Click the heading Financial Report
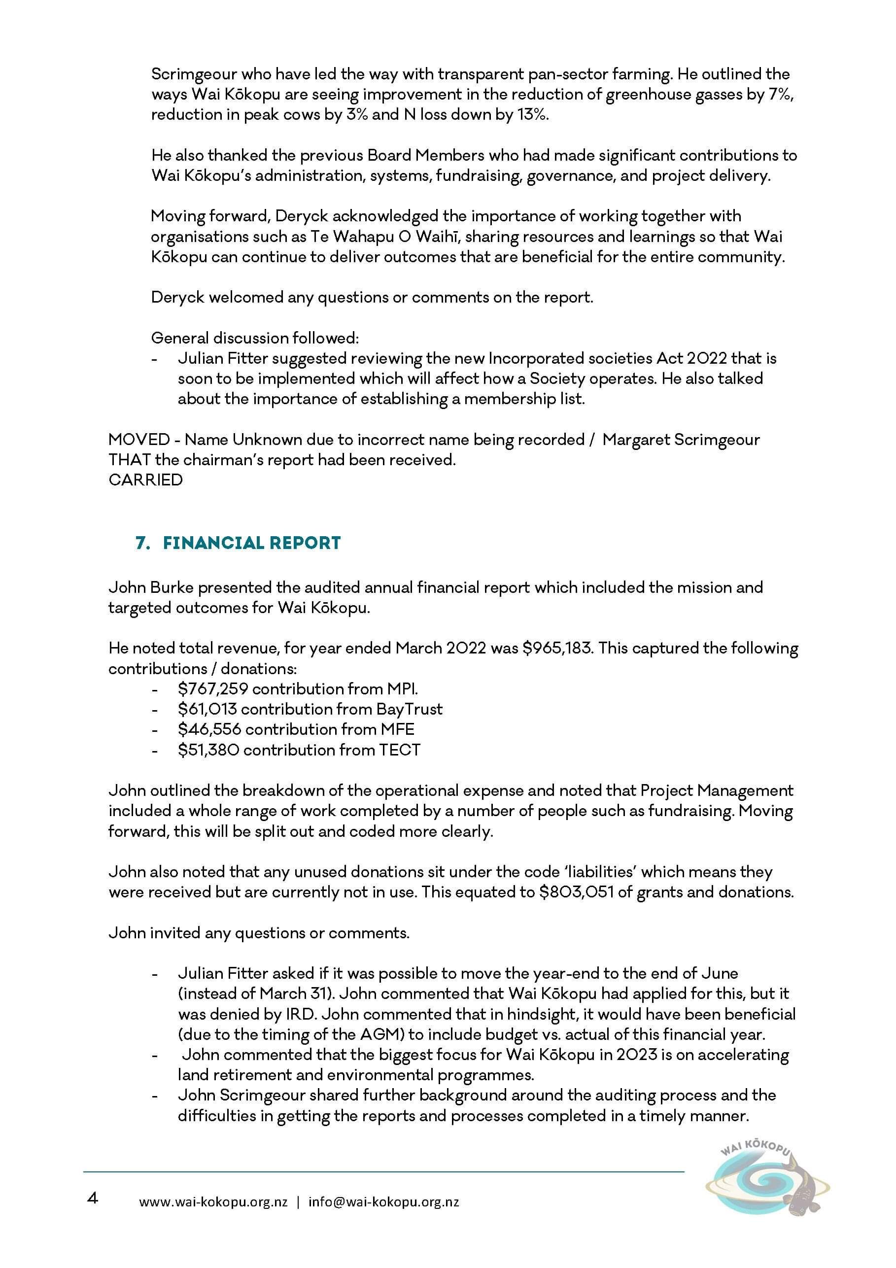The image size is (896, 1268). coord(251,543)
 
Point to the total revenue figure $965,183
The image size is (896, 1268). coord(557,648)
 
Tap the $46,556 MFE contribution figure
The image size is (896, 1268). coord(209,729)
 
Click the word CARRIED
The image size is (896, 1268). coord(145,480)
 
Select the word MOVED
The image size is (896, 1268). coord(139,440)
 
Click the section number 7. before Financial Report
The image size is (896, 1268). coord(142,543)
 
